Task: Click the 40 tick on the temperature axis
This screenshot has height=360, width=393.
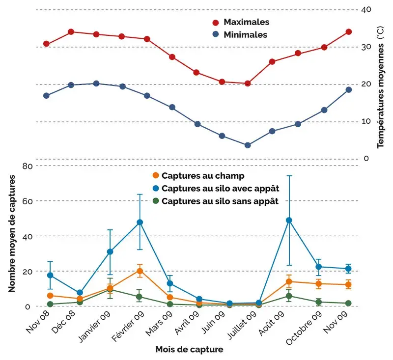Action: [x=366, y=9]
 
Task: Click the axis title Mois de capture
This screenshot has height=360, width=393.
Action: [x=189, y=350]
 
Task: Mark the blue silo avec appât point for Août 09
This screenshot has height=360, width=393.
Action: [x=289, y=220]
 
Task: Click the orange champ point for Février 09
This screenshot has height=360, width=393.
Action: [x=140, y=271]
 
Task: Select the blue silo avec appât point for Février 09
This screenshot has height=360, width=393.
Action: [x=140, y=222]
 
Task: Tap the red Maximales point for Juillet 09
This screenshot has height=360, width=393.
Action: [x=248, y=83]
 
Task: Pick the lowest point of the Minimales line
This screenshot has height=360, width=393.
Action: [x=248, y=145]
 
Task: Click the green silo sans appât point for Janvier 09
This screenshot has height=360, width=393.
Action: [x=110, y=290]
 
